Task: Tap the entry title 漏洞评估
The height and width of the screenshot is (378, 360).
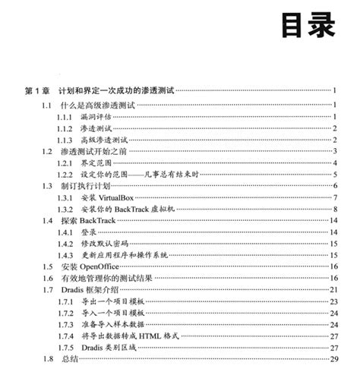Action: click(x=96, y=118)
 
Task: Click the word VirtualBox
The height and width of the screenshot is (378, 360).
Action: click(x=121, y=197)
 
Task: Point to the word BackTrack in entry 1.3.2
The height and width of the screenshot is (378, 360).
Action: click(x=140, y=209)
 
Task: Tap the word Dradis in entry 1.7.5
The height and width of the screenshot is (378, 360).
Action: click(x=94, y=347)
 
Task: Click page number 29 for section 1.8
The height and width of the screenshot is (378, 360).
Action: click(x=333, y=358)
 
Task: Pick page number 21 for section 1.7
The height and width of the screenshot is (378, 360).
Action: click(x=333, y=289)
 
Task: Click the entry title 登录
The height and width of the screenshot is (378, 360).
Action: click(x=89, y=232)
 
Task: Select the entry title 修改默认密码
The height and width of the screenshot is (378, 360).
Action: click(x=104, y=243)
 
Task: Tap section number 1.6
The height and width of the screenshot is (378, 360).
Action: click(x=48, y=278)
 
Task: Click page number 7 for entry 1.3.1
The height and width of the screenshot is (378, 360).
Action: click(x=335, y=197)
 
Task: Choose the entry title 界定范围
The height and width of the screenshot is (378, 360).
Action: click(x=96, y=163)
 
